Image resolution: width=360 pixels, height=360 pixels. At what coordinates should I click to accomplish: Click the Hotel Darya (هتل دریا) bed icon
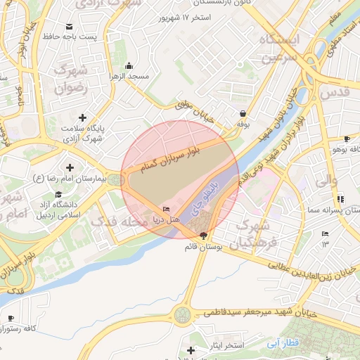point(166,209)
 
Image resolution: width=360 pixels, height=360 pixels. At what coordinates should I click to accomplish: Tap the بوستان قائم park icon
point(204,236)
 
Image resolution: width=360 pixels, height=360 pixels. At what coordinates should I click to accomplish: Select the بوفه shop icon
point(243,112)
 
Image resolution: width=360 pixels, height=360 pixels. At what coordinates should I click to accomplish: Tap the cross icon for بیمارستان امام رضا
point(69,167)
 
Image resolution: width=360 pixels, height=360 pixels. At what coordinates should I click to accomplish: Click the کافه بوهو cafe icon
point(346,139)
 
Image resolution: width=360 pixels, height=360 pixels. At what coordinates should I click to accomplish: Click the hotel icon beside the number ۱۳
point(324,233)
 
